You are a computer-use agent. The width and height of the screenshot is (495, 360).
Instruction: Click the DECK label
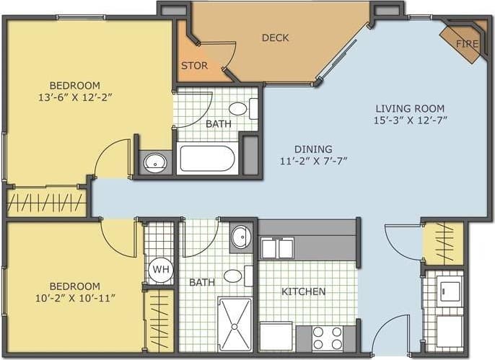(x=275, y=38)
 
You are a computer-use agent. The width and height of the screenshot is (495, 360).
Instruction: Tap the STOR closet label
(x=194, y=66)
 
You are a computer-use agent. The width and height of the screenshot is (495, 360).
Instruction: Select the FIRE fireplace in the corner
(x=466, y=44)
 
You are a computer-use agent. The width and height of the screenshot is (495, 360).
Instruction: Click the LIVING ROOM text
(x=409, y=108)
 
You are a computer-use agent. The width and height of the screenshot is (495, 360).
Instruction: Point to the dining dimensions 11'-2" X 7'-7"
(x=314, y=161)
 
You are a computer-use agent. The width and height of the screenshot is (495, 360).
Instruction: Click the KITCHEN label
(x=303, y=291)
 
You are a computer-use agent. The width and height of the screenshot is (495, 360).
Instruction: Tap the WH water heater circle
(x=160, y=271)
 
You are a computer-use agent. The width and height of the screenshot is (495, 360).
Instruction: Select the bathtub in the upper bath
(x=207, y=159)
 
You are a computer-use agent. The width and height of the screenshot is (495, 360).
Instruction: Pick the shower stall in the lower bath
(x=235, y=324)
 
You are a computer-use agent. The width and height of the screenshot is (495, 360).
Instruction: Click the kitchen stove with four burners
(x=328, y=337)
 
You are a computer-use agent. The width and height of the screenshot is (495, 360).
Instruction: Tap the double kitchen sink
(x=277, y=249)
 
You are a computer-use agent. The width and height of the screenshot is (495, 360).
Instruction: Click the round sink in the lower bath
(x=241, y=237)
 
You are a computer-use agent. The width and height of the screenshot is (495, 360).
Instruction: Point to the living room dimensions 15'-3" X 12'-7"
(x=409, y=120)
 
